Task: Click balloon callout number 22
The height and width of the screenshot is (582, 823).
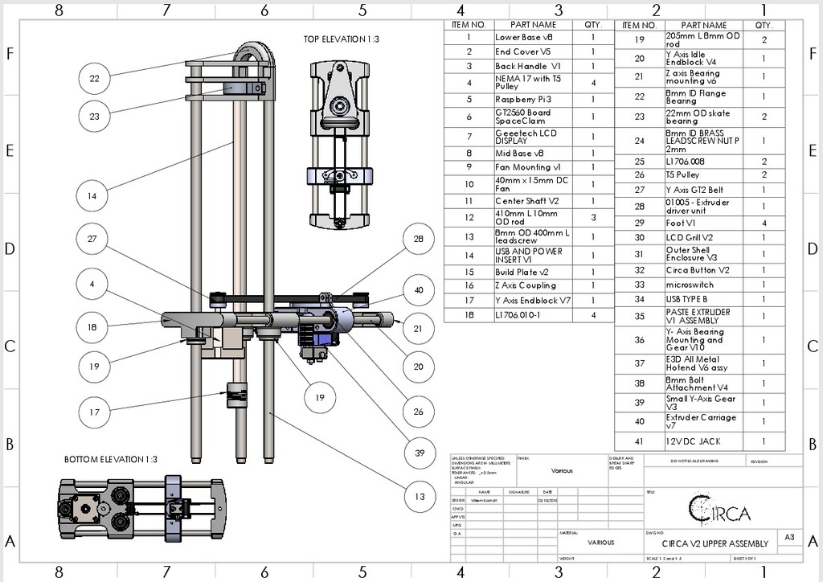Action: click(95, 78)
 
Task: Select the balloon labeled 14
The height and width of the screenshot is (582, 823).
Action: click(95, 195)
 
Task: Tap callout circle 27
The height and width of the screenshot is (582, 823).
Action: click(95, 239)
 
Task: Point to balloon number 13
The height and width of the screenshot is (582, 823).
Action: click(419, 496)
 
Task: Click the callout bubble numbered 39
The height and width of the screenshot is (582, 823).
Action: click(419, 453)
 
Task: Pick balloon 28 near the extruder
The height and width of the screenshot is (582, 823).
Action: click(419, 239)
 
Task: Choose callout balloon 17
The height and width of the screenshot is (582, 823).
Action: click(95, 412)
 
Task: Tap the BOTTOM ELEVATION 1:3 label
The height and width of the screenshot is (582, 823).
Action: click(111, 459)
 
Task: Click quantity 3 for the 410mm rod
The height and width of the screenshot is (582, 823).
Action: click(593, 217)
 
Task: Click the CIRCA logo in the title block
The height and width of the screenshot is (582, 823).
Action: click(720, 509)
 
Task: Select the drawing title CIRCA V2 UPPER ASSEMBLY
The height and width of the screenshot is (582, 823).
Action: click(714, 543)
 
